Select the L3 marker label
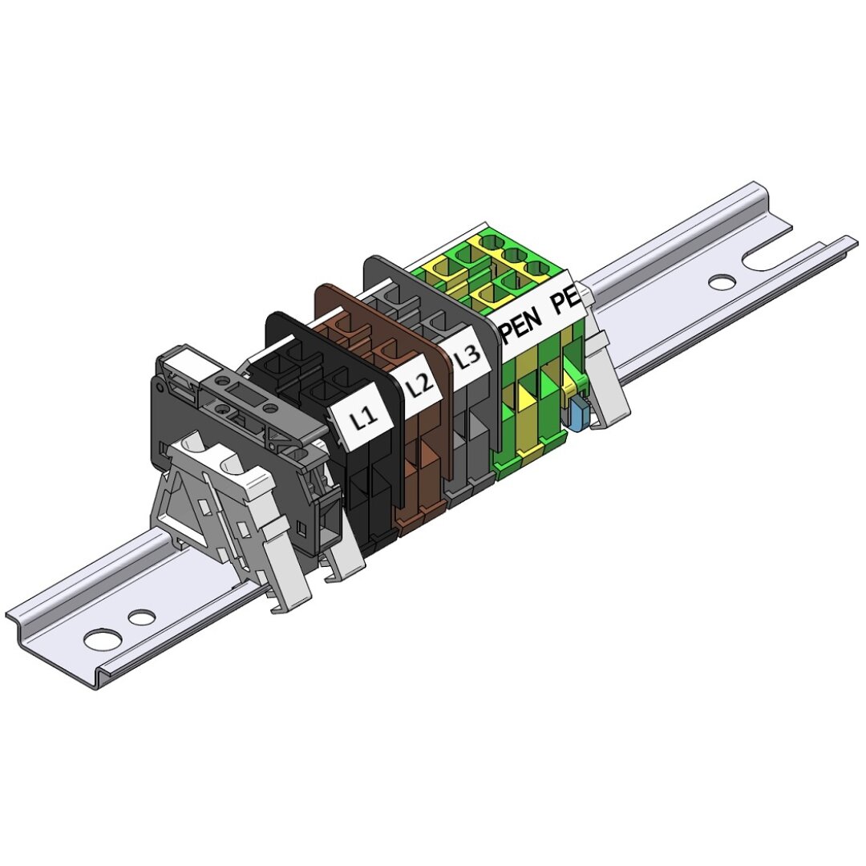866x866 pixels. (x=467, y=356)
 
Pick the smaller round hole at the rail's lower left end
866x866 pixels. (x=141, y=616)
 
